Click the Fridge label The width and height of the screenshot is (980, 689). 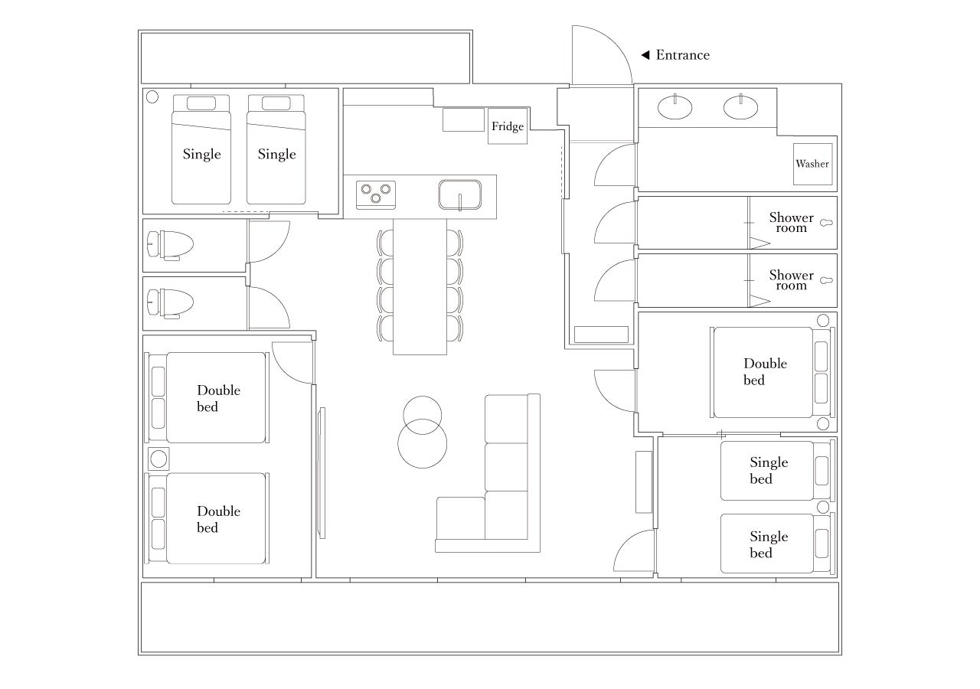pyautogui.click(x=507, y=126)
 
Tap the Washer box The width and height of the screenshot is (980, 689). pyautogui.click(x=812, y=164)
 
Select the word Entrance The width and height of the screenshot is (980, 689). pyautogui.click(x=682, y=55)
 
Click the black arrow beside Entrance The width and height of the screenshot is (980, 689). pyautogui.click(x=645, y=55)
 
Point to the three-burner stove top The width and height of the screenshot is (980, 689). pyautogui.click(x=376, y=195)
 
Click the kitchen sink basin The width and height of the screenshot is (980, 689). pyautogui.click(x=460, y=194)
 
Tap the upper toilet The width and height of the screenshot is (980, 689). pyautogui.click(x=170, y=245)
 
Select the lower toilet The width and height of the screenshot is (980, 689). pyautogui.click(x=170, y=302)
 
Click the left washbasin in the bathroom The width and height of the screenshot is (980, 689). pyautogui.click(x=675, y=107)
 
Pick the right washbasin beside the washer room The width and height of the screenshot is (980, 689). pyautogui.click(x=740, y=107)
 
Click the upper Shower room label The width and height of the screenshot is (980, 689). pyautogui.click(x=792, y=222)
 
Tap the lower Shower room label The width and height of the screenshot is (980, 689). pyautogui.click(x=792, y=280)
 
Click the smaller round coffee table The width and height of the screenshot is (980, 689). pyautogui.click(x=422, y=397)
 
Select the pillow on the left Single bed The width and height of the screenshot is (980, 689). pyautogui.click(x=201, y=103)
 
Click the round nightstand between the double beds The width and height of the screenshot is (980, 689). pyautogui.click(x=158, y=459)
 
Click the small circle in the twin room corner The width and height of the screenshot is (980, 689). pyautogui.click(x=152, y=96)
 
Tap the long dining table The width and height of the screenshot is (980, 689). pyautogui.click(x=420, y=286)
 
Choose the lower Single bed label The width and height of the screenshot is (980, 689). pyautogui.click(x=769, y=544)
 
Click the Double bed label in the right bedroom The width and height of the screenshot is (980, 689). pyautogui.click(x=765, y=372)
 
